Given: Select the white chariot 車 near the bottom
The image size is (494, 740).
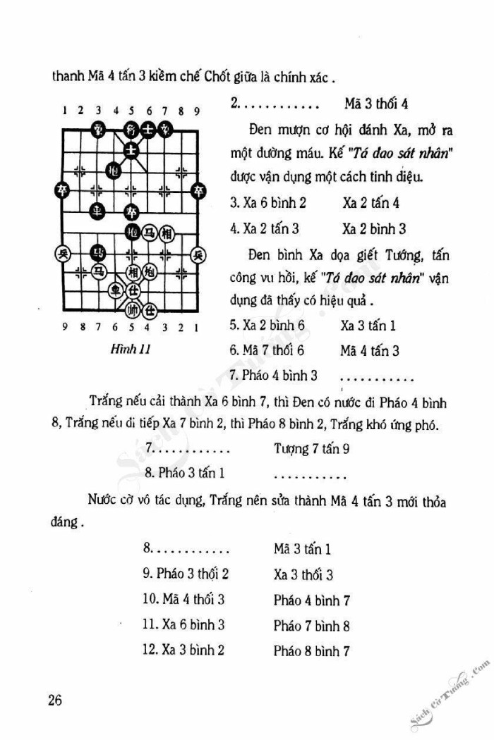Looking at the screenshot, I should point(114,290).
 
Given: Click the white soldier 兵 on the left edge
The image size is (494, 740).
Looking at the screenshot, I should point(63,254).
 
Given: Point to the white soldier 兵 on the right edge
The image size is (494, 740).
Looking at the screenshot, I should point(200,254).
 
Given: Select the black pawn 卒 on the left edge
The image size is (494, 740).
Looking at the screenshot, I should point(63,190).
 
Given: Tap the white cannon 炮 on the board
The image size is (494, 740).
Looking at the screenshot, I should point(149,272).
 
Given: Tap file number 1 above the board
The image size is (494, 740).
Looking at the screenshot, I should point(64,110).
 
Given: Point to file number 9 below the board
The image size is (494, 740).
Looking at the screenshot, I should point(64,327).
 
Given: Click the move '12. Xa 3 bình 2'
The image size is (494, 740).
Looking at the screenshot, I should point(183,650).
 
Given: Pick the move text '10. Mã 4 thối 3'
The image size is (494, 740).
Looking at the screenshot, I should point(183,600).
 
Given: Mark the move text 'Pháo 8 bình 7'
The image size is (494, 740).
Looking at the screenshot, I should point(312,650).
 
